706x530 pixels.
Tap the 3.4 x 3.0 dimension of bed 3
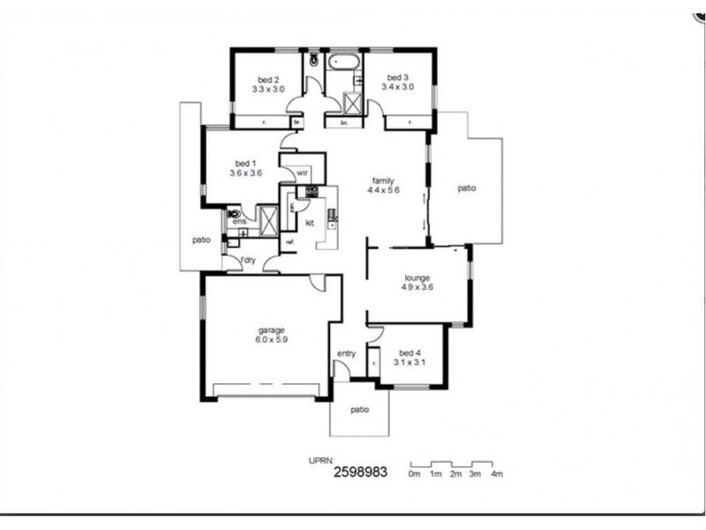[397, 87]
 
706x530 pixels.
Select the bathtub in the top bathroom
[342, 63]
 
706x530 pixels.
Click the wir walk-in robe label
[301, 172]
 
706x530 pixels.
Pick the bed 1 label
[244, 163]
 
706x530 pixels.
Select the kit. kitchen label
[310, 223]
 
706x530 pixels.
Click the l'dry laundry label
[249, 260]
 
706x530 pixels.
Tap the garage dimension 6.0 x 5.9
[271, 340]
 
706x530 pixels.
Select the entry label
[346, 354]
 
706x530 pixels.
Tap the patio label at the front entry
[358, 410]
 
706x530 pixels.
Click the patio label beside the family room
[467, 188]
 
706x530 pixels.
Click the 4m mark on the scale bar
[497, 474]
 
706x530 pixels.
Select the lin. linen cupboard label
[344, 123]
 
